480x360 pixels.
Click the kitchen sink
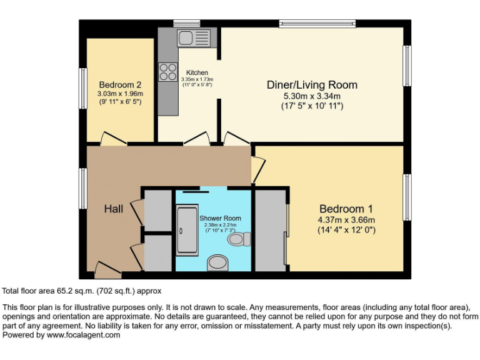click(194, 38)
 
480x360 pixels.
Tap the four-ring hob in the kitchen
click(167, 72)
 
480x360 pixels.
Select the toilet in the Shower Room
click(239, 239)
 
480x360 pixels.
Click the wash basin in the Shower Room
click(217, 263)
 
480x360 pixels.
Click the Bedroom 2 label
click(120, 84)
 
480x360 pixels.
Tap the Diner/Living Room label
click(312, 85)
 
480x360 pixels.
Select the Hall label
click(114, 209)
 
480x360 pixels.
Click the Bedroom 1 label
click(346, 209)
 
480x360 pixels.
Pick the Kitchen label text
click(197, 72)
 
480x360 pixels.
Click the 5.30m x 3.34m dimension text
click(312, 96)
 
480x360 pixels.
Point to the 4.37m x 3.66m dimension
click(346, 220)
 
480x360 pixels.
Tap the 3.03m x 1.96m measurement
click(120, 94)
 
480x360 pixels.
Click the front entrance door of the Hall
click(107, 270)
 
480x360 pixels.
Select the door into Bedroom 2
click(114, 138)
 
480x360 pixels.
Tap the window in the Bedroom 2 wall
click(83, 88)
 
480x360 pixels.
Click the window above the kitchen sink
click(187, 24)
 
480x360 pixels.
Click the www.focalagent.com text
click(83, 335)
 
